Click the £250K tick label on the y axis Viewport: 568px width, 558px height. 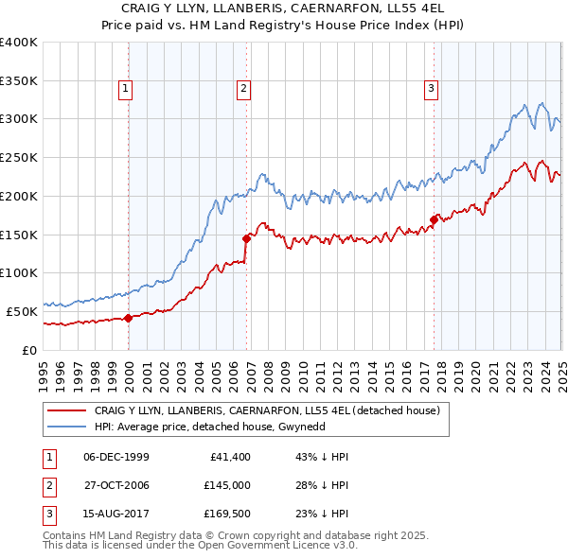click(x=19, y=158)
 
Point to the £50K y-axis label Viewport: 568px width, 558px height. click(x=22, y=311)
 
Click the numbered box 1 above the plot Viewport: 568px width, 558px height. click(x=126, y=90)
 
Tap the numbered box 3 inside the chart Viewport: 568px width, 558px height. click(x=431, y=90)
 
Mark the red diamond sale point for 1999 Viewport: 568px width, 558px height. click(x=128, y=318)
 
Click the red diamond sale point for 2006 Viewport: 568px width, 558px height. click(x=247, y=238)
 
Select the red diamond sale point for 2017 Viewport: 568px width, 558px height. click(x=434, y=219)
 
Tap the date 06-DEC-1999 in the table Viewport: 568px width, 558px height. click(x=116, y=457)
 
